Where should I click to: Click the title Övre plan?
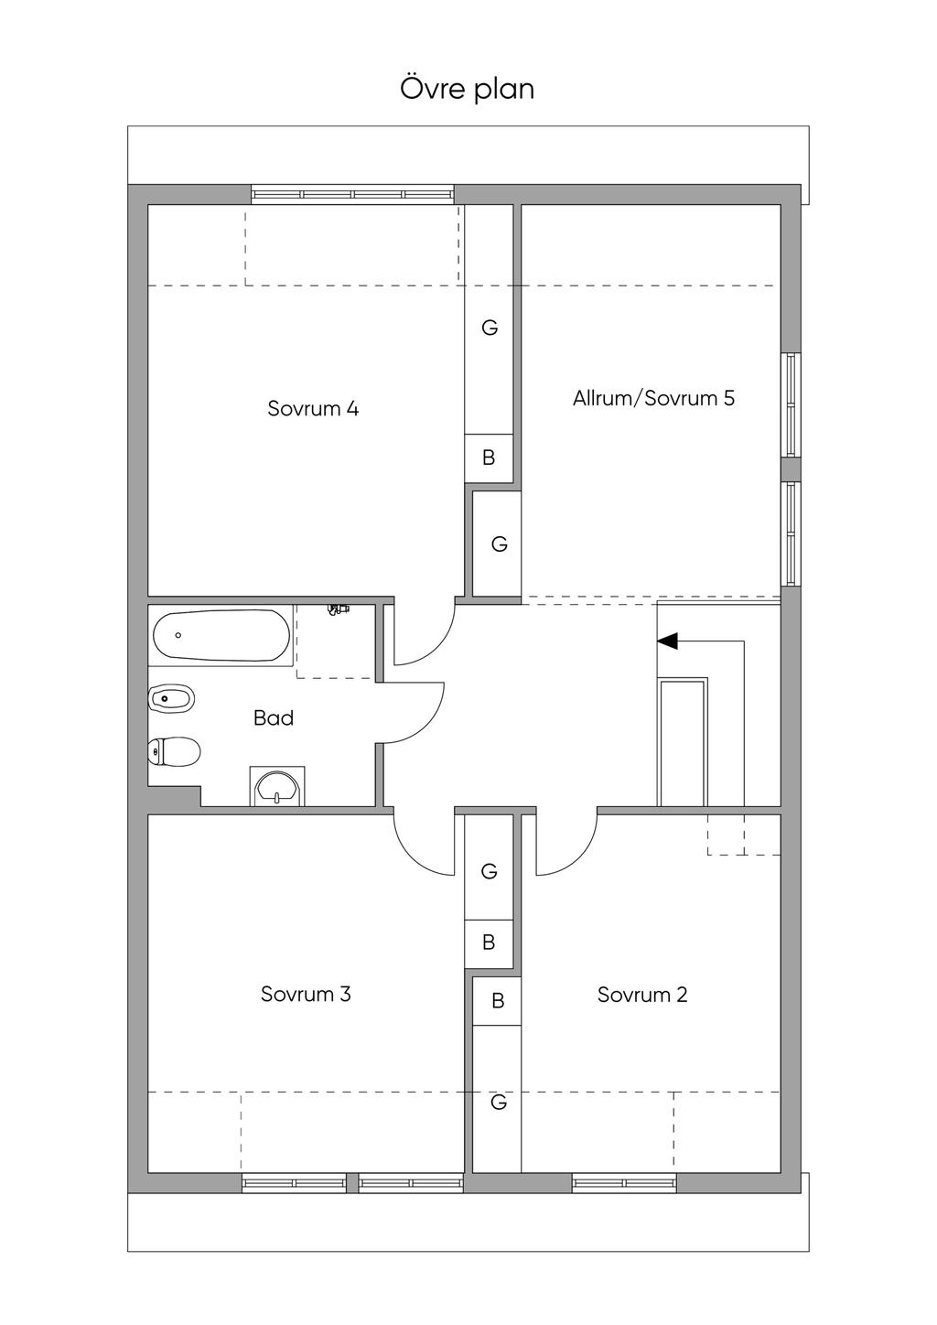pyautogui.click(x=468, y=90)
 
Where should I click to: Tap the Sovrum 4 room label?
pyautogui.click(x=313, y=408)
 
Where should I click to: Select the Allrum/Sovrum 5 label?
pyautogui.click(x=653, y=398)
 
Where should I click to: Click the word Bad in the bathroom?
pyautogui.click(x=274, y=718)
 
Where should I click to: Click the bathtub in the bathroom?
pyautogui.click(x=221, y=635)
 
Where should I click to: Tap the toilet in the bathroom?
pyautogui.click(x=174, y=751)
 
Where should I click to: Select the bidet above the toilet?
pyautogui.click(x=171, y=699)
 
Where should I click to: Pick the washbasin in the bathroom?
pyautogui.click(x=277, y=787)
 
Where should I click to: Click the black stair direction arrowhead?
pyautogui.click(x=667, y=641)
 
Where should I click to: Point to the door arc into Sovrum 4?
pyautogui.click(x=437, y=648)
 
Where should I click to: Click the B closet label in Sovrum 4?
pyautogui.click(x=489, y=458)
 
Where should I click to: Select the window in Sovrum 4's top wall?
pyautogui.click(x=352, y=195)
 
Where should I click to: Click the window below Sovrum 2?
pyautogui.click(x=625, y=1183)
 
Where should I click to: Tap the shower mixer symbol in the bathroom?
pyautogui.click(x=339, y=609)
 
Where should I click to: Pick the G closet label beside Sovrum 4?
pyautogui.click(x=490, y=327)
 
